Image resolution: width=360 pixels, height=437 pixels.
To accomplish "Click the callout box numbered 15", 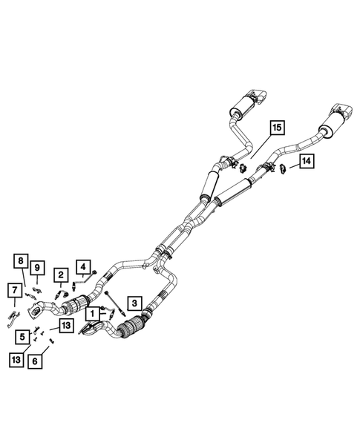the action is click(x=277, y=128).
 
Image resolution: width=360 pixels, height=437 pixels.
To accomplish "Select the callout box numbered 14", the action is click(x=307, y=161).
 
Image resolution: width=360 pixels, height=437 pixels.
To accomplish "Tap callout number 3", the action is click(x=134, y=303).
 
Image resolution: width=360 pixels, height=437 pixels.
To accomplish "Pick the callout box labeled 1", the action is click(x=93, y=314).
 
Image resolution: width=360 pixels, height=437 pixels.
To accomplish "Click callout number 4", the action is click(x=83, y=267).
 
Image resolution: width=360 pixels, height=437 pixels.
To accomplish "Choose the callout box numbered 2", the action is click(x=61, y=275).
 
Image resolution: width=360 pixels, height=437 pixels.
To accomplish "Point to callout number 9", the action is click(x=37, y=268).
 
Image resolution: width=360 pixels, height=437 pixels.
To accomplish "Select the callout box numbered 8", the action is click(x=21, y=261).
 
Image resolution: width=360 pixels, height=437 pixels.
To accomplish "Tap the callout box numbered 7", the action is click(x=15, y=291).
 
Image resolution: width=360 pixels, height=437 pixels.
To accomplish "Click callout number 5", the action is click(x=22, y=337).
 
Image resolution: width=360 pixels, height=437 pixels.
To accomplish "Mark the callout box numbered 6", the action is click(x=35, y=361).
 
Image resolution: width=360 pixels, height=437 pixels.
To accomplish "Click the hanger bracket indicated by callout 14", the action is click(x=283, y=169).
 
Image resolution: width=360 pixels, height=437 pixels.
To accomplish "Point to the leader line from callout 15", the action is click(x=261, y=147).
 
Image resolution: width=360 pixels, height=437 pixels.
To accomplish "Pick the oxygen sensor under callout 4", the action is click(x=84, y=278).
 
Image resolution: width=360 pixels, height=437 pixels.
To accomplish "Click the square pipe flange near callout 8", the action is click(x=35, y=311).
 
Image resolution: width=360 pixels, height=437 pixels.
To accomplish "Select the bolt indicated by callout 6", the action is click(x=52, y=341).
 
